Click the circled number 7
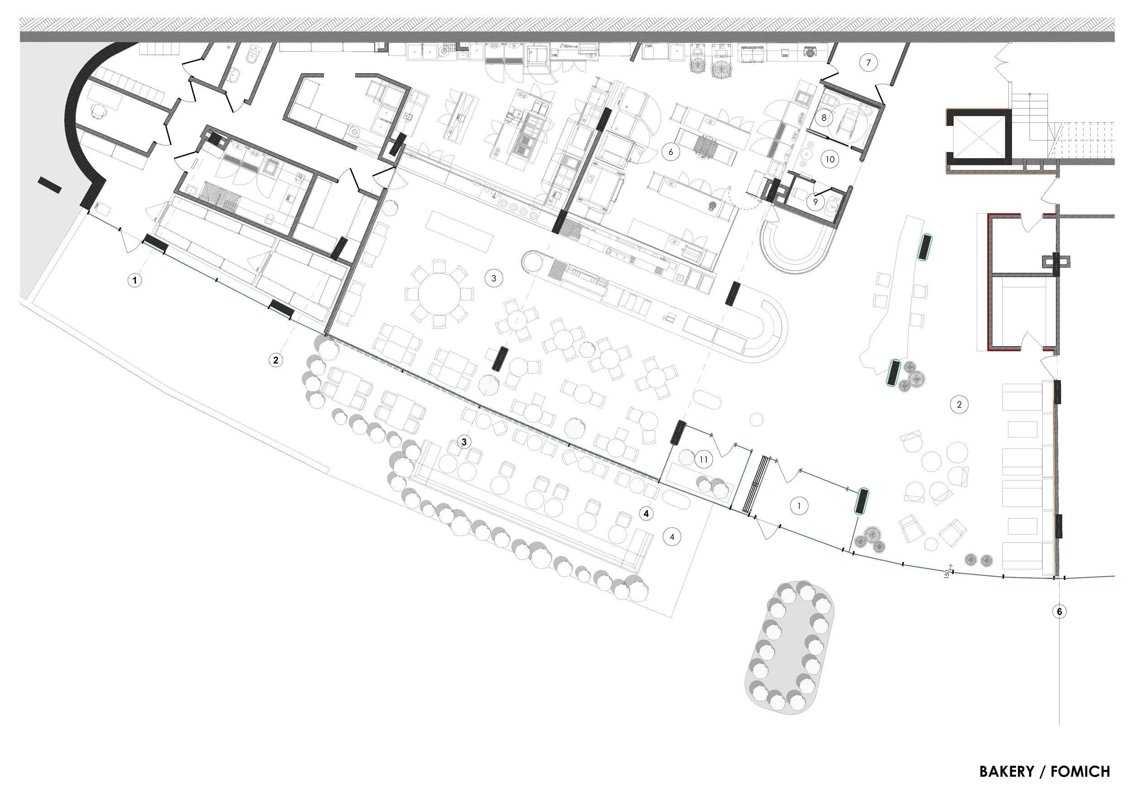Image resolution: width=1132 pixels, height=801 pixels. pos(868,63)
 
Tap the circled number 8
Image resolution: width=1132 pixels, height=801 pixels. pos(823,118)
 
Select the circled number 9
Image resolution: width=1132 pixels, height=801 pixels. pos(815,202)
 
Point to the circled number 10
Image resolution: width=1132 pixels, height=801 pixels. pos(830,159)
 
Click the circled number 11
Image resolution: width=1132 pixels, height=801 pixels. pos(703,460)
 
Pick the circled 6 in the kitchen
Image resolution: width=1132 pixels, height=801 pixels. pos(671,152)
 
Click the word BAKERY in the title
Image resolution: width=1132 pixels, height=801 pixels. pos(1006,772)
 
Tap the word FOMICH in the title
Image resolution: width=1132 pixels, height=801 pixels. pos(1080,772)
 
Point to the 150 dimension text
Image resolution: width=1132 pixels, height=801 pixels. pos(947,574)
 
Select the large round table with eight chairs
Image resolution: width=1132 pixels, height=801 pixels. pos(439,294)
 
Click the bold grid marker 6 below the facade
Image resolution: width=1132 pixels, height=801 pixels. pos(1059,612)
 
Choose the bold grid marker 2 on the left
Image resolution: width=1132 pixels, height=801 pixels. pos(276,360)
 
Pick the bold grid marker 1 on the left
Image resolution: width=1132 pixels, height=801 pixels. pos(134,280)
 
